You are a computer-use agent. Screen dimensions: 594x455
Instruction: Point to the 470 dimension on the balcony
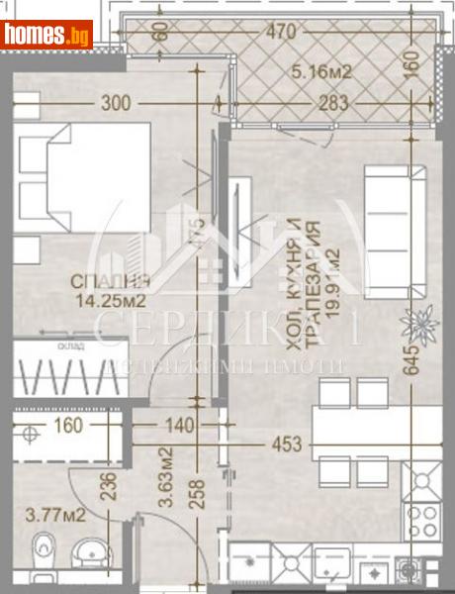(x=283, y=34)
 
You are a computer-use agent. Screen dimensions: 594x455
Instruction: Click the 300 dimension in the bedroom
(x=115, y=102)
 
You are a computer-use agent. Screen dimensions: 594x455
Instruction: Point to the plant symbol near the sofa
(x=415, y=322)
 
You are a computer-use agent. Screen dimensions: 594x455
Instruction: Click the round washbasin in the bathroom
(x=90, y=550)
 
